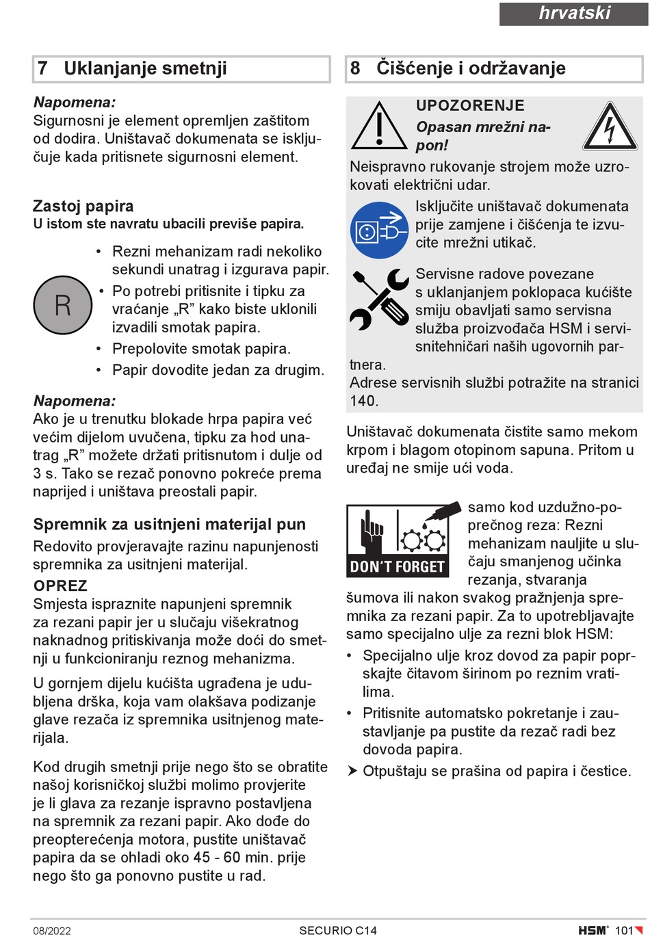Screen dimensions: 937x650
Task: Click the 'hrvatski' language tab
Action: click(573, 14)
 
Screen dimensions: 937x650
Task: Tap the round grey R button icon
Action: click(62, 305)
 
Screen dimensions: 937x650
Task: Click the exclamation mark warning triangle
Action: click(378, 126)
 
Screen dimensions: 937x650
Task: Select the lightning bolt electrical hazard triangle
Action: click(610, 127)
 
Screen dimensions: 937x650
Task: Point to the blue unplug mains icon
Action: click(378, 230)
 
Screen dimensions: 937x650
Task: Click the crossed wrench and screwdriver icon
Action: click(378, 300)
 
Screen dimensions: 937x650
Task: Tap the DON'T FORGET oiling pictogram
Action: click(398, 540)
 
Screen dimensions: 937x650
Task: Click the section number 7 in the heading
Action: click(43, 68)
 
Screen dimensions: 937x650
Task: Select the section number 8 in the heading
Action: click(355, 68)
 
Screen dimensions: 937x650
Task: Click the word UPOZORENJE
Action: click(470, 105)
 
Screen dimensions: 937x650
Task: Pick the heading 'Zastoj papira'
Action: click(83, 206)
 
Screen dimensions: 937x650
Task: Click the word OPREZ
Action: click(60, 585)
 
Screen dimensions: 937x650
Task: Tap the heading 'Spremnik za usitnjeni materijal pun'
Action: click(169, 525)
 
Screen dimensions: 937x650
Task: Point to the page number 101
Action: click(624, 930)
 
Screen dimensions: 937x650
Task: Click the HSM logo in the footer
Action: click(593, 930)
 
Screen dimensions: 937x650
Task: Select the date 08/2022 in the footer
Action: click(52, 930)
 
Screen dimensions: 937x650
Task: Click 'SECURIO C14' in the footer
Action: click(338, 930)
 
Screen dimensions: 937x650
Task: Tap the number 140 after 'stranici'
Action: click(363, 401)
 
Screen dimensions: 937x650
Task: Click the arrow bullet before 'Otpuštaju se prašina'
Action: click(352, 771)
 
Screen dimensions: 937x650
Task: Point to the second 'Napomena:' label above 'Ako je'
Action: click(75, 401)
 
